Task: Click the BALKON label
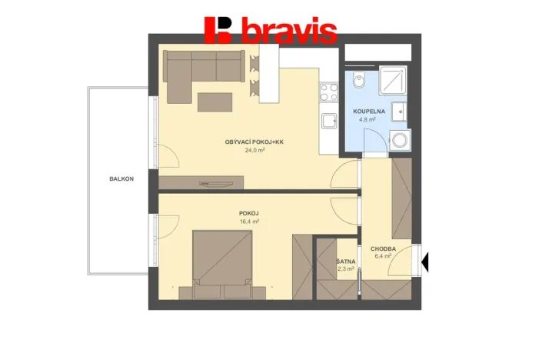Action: coord(121,178)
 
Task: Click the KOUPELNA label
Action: coord(369,112)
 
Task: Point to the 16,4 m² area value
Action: coord(248,222)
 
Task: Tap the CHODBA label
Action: coord(383,248)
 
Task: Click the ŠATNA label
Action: coord(345,262)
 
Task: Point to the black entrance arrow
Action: coord(425,262)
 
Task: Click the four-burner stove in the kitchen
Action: coord(329,92)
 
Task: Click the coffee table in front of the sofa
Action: coord(216,102)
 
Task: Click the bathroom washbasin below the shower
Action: coord(400,112)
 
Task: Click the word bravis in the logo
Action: coord(288,31)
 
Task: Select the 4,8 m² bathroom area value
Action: coord(366,120)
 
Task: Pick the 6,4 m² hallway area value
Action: coord(382,256)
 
